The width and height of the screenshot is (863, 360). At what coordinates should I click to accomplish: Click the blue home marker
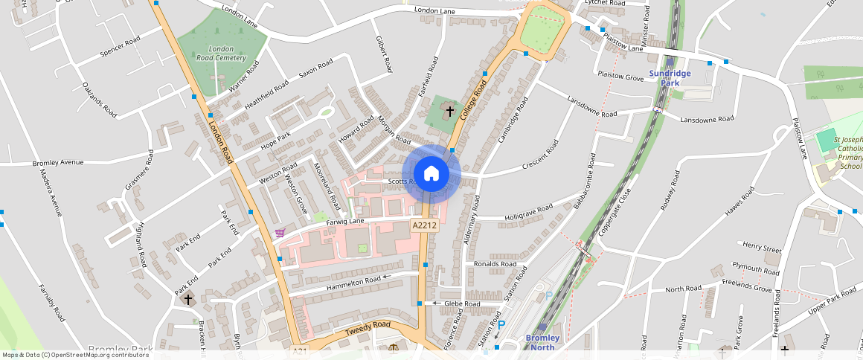click(431, 174)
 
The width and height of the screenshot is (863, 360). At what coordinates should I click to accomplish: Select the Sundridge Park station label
click(670, 78)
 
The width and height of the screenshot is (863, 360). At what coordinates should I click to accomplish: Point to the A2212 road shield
click(423, 225)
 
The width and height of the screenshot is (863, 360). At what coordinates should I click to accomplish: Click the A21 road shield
click(299, 351)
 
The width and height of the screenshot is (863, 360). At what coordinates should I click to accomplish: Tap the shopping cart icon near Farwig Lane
click(280, 233)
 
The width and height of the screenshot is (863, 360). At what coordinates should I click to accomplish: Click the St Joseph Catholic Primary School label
click(847, 152)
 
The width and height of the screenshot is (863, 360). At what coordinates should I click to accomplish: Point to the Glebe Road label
click(463, 303)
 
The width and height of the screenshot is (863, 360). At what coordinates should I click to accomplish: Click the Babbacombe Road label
click(585, 181)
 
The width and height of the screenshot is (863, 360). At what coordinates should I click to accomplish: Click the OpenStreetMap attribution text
click(75, 355)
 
